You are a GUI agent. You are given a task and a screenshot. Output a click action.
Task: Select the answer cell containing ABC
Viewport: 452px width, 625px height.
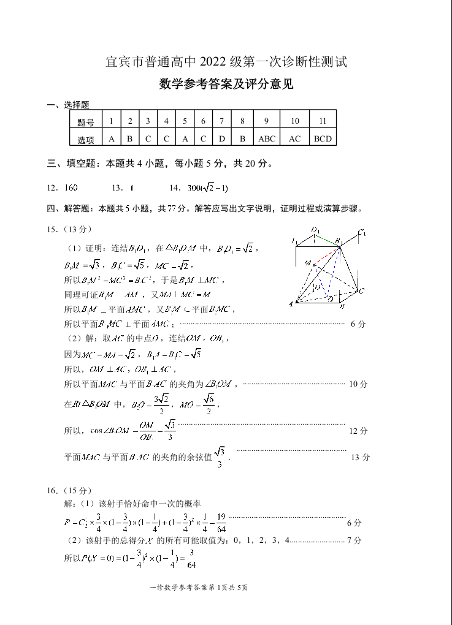267,138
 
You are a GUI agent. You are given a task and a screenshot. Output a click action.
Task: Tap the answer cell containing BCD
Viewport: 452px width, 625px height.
323,138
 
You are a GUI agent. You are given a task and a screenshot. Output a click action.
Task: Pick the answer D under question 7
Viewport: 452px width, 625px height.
222,138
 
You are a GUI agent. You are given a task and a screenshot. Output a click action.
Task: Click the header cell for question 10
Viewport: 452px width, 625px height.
295,121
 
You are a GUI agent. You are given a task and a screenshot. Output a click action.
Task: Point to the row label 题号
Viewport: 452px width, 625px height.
86,122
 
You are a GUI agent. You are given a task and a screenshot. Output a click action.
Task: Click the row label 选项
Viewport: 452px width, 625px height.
86,140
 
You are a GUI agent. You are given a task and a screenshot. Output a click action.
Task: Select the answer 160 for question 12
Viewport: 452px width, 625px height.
71,187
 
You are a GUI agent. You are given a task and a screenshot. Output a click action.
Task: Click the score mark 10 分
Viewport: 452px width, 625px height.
358,384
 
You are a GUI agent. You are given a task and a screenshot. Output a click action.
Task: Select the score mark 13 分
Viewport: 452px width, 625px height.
360,457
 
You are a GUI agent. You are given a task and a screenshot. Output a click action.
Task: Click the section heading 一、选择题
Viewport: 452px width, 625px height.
68,105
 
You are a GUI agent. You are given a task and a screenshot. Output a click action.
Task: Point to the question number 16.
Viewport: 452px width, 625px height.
52,491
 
